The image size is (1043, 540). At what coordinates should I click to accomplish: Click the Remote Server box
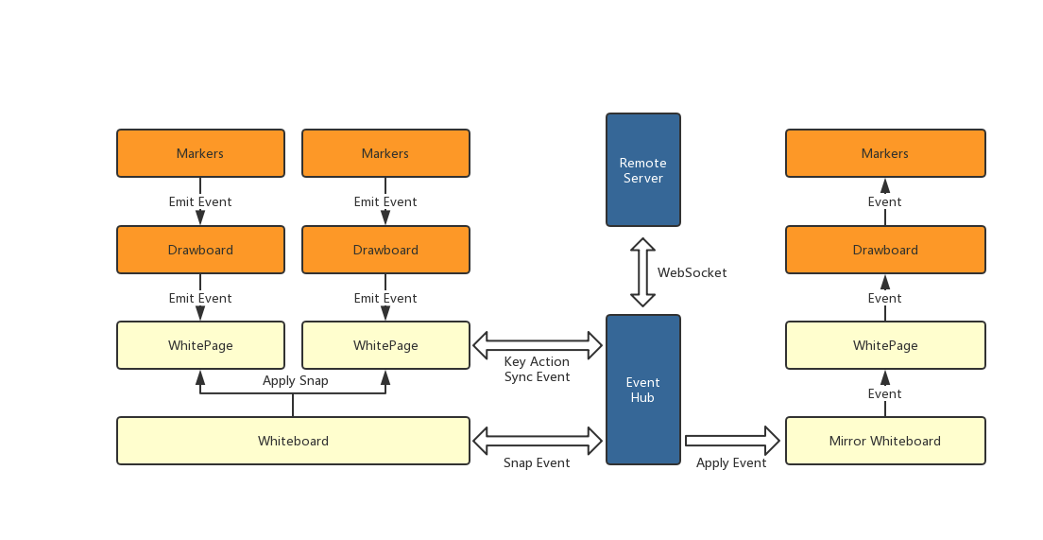point(642,170)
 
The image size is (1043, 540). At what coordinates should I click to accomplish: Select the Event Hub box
point(642,390)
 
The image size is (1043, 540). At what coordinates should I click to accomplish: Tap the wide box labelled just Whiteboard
point(293,441)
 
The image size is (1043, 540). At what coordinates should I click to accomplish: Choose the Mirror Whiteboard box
point(885,441)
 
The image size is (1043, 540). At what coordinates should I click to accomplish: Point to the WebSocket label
point(692,272)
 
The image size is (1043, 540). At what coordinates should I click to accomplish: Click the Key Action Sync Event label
point(537,369)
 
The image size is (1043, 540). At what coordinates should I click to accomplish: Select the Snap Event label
point(537,462)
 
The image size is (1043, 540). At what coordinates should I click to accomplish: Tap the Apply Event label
point(731,462)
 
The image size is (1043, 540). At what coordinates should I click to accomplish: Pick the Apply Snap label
point(295,380)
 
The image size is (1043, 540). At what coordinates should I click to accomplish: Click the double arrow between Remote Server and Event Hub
point(642,272)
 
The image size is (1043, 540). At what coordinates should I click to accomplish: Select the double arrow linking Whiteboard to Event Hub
point(538,441)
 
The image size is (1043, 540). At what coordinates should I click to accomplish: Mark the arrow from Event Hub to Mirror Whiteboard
point(732,441)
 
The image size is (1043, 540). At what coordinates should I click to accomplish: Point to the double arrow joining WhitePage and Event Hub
point(538,345)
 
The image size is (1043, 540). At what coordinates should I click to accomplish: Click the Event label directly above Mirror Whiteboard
point(885,393)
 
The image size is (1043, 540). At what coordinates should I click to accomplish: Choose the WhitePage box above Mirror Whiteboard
point(885,345)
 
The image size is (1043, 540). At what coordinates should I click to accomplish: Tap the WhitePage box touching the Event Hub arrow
point(385,345)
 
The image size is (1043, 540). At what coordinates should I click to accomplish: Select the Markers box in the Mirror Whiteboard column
point(885,153)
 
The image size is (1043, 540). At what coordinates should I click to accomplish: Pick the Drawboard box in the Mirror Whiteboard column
point(885,250)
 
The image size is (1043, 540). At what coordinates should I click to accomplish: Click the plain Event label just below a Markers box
point(885,201)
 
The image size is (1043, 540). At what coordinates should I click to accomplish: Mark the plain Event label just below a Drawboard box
point(885,298)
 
